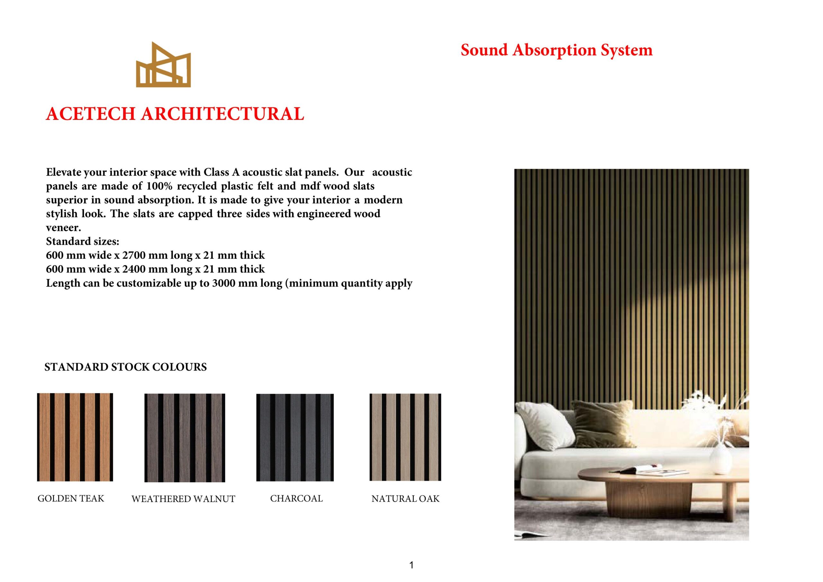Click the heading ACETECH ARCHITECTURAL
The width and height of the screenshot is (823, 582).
coord(175,114)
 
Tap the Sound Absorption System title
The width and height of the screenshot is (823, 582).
coord(556,50)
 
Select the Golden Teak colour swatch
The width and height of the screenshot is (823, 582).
coord(75,437)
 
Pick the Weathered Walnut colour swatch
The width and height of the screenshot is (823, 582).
coord(185,438)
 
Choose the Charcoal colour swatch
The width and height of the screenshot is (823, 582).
coord(295,438)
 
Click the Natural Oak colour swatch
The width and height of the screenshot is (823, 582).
coord(405,437)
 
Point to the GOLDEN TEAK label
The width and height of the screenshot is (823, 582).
coord(71,498)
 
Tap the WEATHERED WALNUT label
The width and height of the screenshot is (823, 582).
coord(183,499)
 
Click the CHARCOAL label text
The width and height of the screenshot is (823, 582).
coord(296,498)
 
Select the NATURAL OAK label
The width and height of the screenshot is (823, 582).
coord(405,499)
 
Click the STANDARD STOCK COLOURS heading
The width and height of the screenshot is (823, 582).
coord(125,367)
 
